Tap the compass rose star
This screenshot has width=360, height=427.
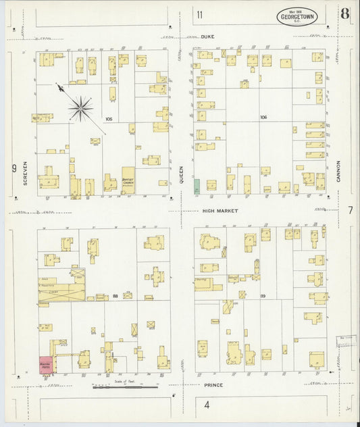[x=80, y=107]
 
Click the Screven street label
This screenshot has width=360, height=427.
[x=25, y=174]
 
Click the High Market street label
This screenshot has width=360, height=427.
[x=218, y=211]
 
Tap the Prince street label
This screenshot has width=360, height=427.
[x=213, y=384]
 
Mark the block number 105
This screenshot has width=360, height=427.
[x=109, y=120]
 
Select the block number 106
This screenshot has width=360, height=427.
[x=263, y=117]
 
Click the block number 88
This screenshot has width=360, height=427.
[x=115, y=295]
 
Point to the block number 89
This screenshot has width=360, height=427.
[x=263, y=295]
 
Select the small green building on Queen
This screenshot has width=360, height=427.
[x=197, y=186]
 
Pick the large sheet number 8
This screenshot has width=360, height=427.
[x=345, y=14]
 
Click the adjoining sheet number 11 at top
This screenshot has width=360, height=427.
[x=199, y=15]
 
